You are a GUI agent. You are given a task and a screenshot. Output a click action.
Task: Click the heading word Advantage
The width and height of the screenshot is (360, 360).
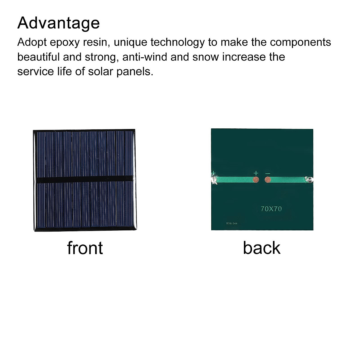[x=58, y=23]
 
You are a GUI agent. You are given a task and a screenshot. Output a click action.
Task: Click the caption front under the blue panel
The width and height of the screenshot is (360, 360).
[x=85, y=248]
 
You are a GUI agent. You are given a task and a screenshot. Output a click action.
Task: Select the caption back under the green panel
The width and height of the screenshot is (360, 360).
[x=262, y=248]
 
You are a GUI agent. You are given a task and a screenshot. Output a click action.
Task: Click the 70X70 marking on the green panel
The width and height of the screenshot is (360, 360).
[x=271, y=209]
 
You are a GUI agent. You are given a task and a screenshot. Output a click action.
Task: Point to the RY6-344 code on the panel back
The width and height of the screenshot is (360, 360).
[x=232, y=223]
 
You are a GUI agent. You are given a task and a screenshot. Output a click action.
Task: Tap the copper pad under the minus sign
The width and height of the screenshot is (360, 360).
[x=268, y=180]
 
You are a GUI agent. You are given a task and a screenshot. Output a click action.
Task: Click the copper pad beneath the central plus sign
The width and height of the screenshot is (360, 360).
[x=256, y=180]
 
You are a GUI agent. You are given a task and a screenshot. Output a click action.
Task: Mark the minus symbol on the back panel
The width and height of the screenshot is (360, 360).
[x=268, y=173]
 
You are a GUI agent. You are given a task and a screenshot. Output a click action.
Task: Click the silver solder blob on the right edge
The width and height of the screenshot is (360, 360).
[x=309, y=179]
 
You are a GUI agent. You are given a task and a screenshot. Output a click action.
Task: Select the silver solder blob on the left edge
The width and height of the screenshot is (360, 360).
[x=214, y=180]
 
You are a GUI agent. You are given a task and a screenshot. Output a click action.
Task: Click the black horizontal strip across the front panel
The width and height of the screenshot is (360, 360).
[x=85, y=179]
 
